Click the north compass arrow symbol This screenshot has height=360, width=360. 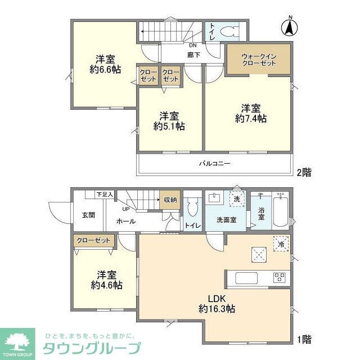coord(290,27)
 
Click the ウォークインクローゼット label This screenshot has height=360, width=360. coord(258,60)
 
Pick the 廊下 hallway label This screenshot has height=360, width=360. coord(193,55)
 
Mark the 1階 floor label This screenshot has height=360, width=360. coord(304,339)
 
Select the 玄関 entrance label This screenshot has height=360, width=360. coord(88,214)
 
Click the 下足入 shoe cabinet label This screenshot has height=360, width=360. coord(105,194)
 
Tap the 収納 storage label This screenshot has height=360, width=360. coord(170,200)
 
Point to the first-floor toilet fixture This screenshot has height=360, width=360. coord(193,207)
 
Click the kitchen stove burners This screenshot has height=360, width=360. coord(280,278)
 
